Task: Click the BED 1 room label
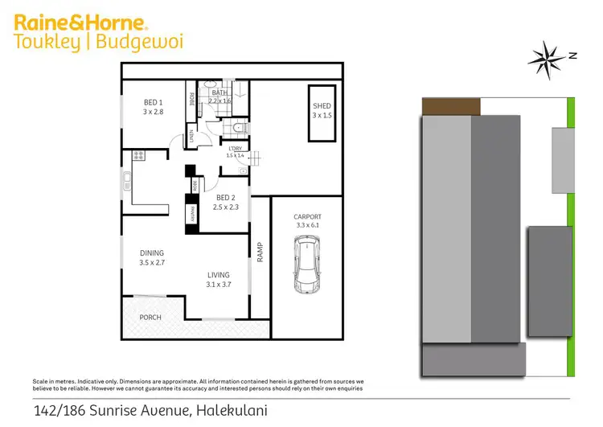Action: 154,107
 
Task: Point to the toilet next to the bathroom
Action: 238,129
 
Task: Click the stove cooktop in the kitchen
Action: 137,155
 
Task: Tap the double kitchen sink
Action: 127,182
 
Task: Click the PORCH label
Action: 150,317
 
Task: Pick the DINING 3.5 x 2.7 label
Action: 153,257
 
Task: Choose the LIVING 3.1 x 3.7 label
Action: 219,279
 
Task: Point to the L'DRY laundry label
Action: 236,151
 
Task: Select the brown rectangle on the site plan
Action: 451,106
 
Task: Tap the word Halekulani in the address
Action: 231,411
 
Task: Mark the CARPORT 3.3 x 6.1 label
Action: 307,221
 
